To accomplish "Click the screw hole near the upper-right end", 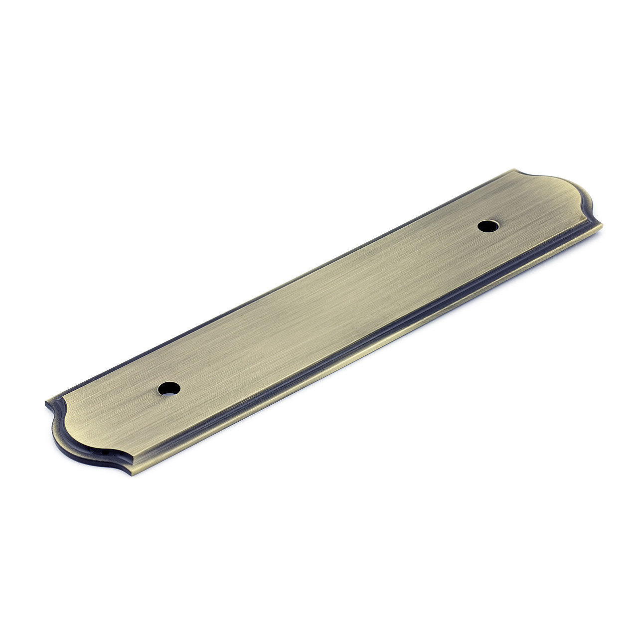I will pos(488,226).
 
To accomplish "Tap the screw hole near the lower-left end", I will pos(168,388).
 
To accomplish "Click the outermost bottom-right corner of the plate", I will pos(602,225).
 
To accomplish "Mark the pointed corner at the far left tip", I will pos(46,402).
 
